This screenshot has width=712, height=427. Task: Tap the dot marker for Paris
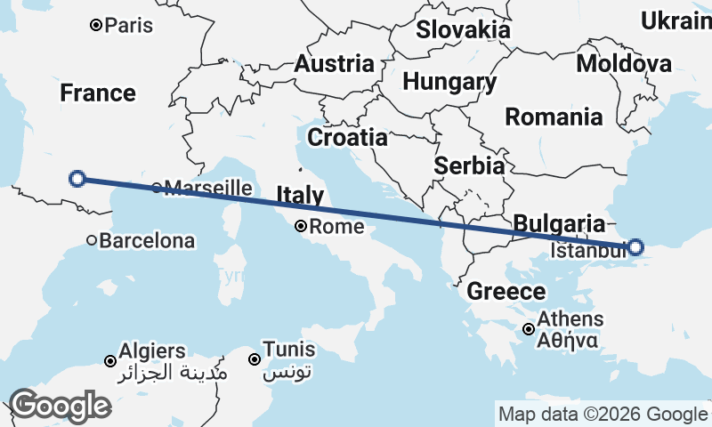(x=96, y=26)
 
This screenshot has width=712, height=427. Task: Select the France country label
(x=98, y=93)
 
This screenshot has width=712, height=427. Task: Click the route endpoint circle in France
(x=77, y=179)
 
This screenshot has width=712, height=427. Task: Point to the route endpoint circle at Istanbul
(x=635, y=246)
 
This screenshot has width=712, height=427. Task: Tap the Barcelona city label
(x=147, y=240)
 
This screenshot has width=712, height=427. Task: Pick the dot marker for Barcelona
(x=92, y=240)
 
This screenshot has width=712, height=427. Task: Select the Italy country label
(x=300, y=196)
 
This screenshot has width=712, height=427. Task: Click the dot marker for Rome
(x=303, y=227)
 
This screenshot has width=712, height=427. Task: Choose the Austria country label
(x=334, y=64)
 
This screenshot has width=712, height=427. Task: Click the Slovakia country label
(x=464, y=29)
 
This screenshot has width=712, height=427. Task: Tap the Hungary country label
(x=449, y=82)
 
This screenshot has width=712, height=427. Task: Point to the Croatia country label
(x=347, y=138)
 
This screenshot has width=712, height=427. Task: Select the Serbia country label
(x=470, y=165)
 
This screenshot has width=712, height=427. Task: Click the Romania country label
(x=554, y=117)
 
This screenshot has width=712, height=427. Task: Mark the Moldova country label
(x=624, y=64)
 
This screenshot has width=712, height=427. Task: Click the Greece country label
(x=506, y=291)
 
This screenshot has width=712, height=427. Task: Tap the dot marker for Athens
(x=529, y=329)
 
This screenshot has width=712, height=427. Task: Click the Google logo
(x=61, y=406)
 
